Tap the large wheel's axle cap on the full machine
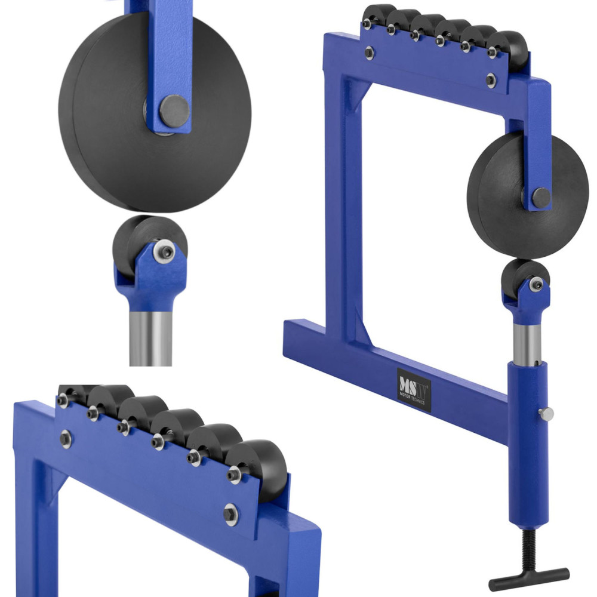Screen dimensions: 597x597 [541, 198]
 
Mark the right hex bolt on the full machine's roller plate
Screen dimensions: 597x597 [491, 79]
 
